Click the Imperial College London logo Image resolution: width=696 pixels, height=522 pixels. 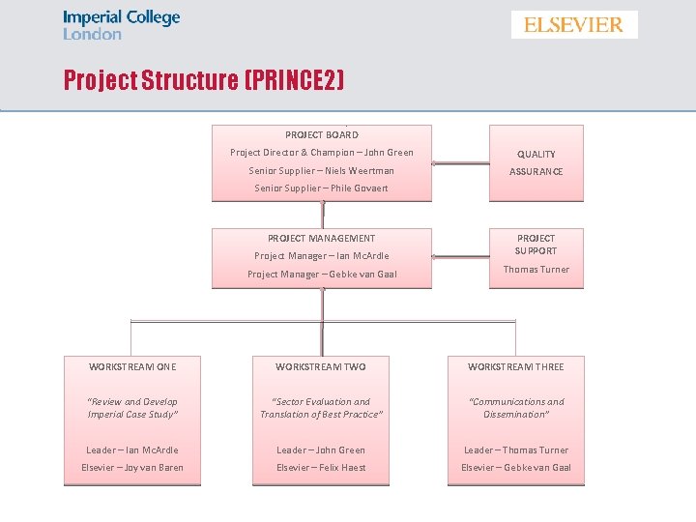pos(121,25)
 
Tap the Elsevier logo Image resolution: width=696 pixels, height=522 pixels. pos(574,25)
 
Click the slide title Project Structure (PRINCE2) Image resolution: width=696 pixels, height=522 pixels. pos(204,79)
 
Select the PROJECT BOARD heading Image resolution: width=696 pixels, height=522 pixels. pos(322,135)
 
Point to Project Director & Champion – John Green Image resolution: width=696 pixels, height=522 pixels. pos(322,153)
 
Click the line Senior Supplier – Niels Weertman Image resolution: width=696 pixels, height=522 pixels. pos(322,171)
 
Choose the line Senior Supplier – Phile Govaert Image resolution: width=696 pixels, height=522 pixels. pos(322,188)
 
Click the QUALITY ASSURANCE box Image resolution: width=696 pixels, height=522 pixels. pos(536,162)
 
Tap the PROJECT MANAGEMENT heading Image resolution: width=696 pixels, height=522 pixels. pos(322,238)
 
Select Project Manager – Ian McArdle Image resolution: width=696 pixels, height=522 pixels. pos(322,256)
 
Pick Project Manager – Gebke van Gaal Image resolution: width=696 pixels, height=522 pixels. pos(322,275)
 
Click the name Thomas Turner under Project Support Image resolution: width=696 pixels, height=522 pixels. pos(536,270)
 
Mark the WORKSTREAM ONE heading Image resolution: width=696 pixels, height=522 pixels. pos(132,367)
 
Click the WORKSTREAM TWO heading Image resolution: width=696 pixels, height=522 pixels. pos(321,367)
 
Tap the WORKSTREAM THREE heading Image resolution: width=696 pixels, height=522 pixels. pos(516,367)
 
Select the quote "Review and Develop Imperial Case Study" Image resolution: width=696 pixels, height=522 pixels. pos(132,408)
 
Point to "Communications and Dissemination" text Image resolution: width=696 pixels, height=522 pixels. pos(516,408)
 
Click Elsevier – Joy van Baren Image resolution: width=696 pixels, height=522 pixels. pos(132,468)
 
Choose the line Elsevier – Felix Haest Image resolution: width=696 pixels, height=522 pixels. pos(321,468)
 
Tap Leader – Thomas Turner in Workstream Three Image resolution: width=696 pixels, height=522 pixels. pos(516,450)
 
